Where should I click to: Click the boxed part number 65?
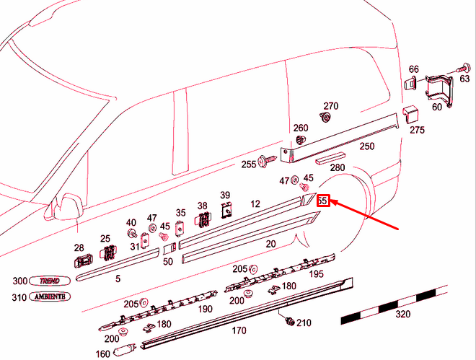tap(322, 201)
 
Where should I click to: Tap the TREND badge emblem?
tap(50, 281)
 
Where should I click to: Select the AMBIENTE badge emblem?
tap(50, 297)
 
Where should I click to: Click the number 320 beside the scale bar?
tap(403, 315)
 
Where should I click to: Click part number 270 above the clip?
tap(330, 105)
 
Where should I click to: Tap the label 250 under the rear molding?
tap(367, 146)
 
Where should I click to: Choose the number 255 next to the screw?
tap(249, 164)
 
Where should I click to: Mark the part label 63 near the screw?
tap(464, 79)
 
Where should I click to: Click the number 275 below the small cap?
tap(417, 130)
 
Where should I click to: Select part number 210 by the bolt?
tap(304, 322)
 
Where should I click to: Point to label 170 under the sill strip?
tap(239, 330)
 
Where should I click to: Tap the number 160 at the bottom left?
tap(102, 354)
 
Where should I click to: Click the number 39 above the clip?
tap(225, 196)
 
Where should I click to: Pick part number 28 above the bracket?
tap(79, 247)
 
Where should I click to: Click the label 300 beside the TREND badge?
tap(20, 281)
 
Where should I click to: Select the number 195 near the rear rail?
tap(317, 275)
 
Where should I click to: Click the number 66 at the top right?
tap(413, 69)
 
